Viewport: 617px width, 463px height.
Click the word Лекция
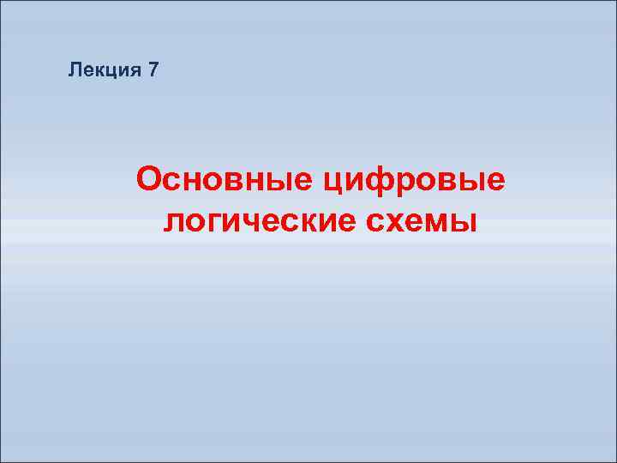[x=103, y=70]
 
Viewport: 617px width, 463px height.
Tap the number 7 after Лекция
[x=153, y=70]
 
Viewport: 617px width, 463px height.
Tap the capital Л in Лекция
[x=75, y=70]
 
